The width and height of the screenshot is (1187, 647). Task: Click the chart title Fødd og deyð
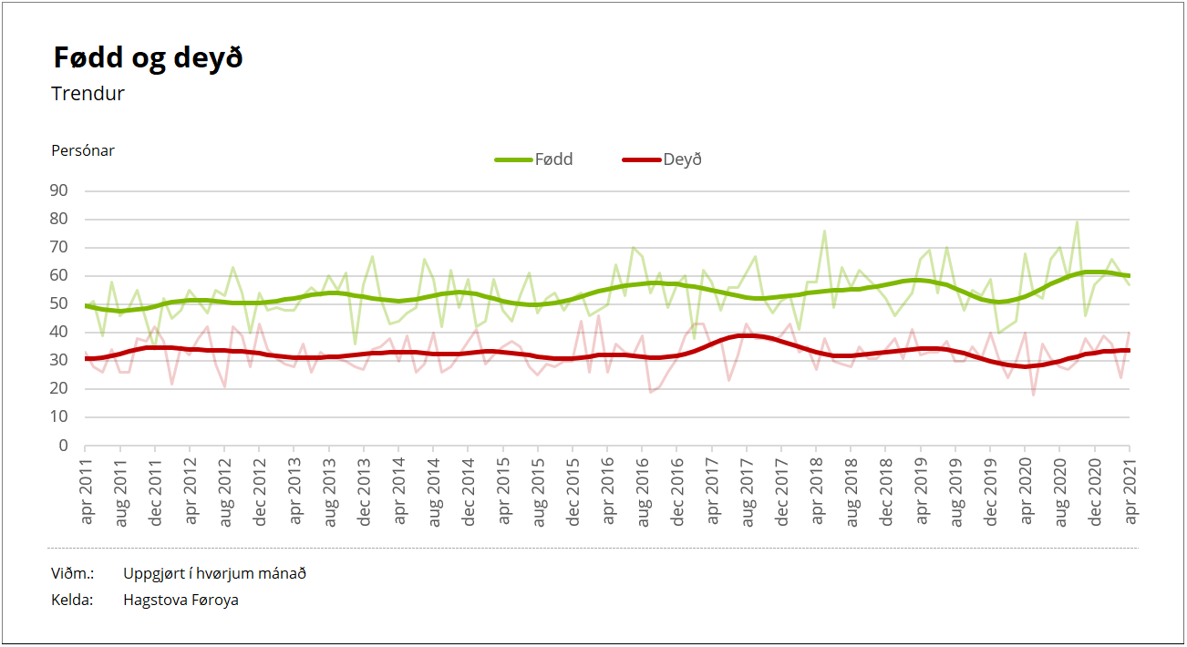[148, 58]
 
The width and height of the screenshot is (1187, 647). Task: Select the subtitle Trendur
[88, 94]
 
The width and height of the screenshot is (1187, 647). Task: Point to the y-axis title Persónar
[83, 151]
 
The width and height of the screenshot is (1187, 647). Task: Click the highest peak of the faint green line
[1077, 221]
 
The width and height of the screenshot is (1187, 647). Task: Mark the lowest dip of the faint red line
[1034, 395]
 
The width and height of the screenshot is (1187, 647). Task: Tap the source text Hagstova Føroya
[181, 601]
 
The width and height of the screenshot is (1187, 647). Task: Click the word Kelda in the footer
[73, 601]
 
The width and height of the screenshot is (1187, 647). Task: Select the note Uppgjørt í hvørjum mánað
[214, 574]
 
